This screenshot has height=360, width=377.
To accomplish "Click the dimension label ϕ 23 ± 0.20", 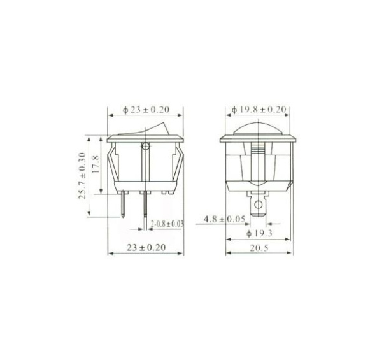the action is [146, 110].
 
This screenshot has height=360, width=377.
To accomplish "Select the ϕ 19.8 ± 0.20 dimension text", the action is [259, 110].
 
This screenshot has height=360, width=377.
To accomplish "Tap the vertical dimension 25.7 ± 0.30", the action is [82, 176].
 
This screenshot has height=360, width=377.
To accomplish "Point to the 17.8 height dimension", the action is [96, 164].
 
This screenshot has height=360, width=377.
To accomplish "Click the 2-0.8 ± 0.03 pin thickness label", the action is [167, 224].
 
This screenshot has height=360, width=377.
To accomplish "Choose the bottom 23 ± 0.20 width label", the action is [146, 248].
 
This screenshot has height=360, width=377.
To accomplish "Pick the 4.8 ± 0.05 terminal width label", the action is [225, 219].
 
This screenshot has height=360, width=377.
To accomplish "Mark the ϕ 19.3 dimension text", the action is [259, 233].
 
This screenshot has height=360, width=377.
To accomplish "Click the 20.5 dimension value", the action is [259, 248].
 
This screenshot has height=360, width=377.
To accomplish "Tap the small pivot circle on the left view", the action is [145, 146].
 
